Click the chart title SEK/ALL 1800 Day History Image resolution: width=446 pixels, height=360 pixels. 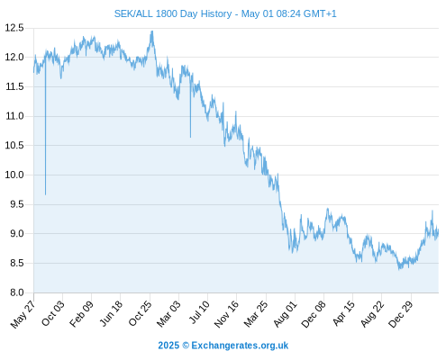173,13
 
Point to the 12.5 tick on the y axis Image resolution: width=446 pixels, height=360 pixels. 14,28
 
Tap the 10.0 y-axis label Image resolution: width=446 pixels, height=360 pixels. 14,175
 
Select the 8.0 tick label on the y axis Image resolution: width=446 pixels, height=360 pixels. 17,292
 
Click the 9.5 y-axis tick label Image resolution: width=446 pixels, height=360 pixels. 17,204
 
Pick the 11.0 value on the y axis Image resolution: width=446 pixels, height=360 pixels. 14,116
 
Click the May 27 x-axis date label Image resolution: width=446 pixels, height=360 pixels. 23,314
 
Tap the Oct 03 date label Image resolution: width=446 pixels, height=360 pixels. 53,313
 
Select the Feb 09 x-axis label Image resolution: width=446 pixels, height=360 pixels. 81,314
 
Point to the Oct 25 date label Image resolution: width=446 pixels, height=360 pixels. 140,313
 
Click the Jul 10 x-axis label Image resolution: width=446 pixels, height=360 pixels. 199,312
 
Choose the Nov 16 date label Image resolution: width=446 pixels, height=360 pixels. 226,314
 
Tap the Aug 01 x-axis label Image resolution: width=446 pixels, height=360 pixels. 285,314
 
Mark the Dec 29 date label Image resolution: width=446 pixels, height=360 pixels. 401,314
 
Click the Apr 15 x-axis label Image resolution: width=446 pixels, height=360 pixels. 343,313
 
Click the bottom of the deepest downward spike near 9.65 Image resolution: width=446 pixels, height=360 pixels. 46,195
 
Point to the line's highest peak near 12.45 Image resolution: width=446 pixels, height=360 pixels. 152,31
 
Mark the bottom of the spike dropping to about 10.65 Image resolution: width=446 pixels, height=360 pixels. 190,138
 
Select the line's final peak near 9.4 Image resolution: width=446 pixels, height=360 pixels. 432,211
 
